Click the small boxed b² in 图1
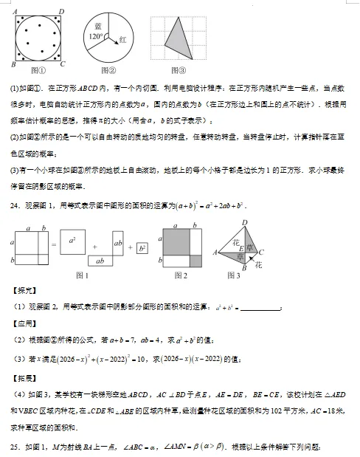coord(142,248)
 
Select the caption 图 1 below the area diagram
coord(83,275)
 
